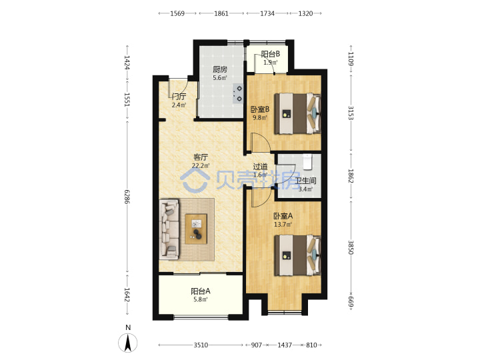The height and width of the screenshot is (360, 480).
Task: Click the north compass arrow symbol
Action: (127, 343)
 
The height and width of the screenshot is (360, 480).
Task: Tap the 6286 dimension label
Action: (127, 197)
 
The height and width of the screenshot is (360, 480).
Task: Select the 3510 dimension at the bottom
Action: (201, 345)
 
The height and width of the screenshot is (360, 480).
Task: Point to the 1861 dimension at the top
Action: (221, 13)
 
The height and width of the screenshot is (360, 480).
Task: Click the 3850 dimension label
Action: (351, 247)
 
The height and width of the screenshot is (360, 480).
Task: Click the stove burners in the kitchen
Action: (237, 94)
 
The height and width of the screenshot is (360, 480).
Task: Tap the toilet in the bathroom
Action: (307, 162)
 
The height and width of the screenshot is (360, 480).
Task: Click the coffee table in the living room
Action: (196, 229)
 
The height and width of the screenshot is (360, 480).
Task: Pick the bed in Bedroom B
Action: (297, 113)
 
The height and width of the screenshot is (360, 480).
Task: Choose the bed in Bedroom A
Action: (297, 255)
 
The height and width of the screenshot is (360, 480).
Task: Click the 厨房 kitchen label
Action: (220, 69)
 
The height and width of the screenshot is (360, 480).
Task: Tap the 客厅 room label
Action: (201, 157)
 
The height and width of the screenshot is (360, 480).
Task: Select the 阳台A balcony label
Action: (201, 291)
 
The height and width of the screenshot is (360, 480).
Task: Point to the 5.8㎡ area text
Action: (201, 299)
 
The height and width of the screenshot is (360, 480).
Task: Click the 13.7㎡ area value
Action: (283, 225)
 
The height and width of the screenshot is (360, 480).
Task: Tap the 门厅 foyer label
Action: (179, 97)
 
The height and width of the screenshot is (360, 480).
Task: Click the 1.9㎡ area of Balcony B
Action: (271, 63)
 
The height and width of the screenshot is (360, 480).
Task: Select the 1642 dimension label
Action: (127, 295)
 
